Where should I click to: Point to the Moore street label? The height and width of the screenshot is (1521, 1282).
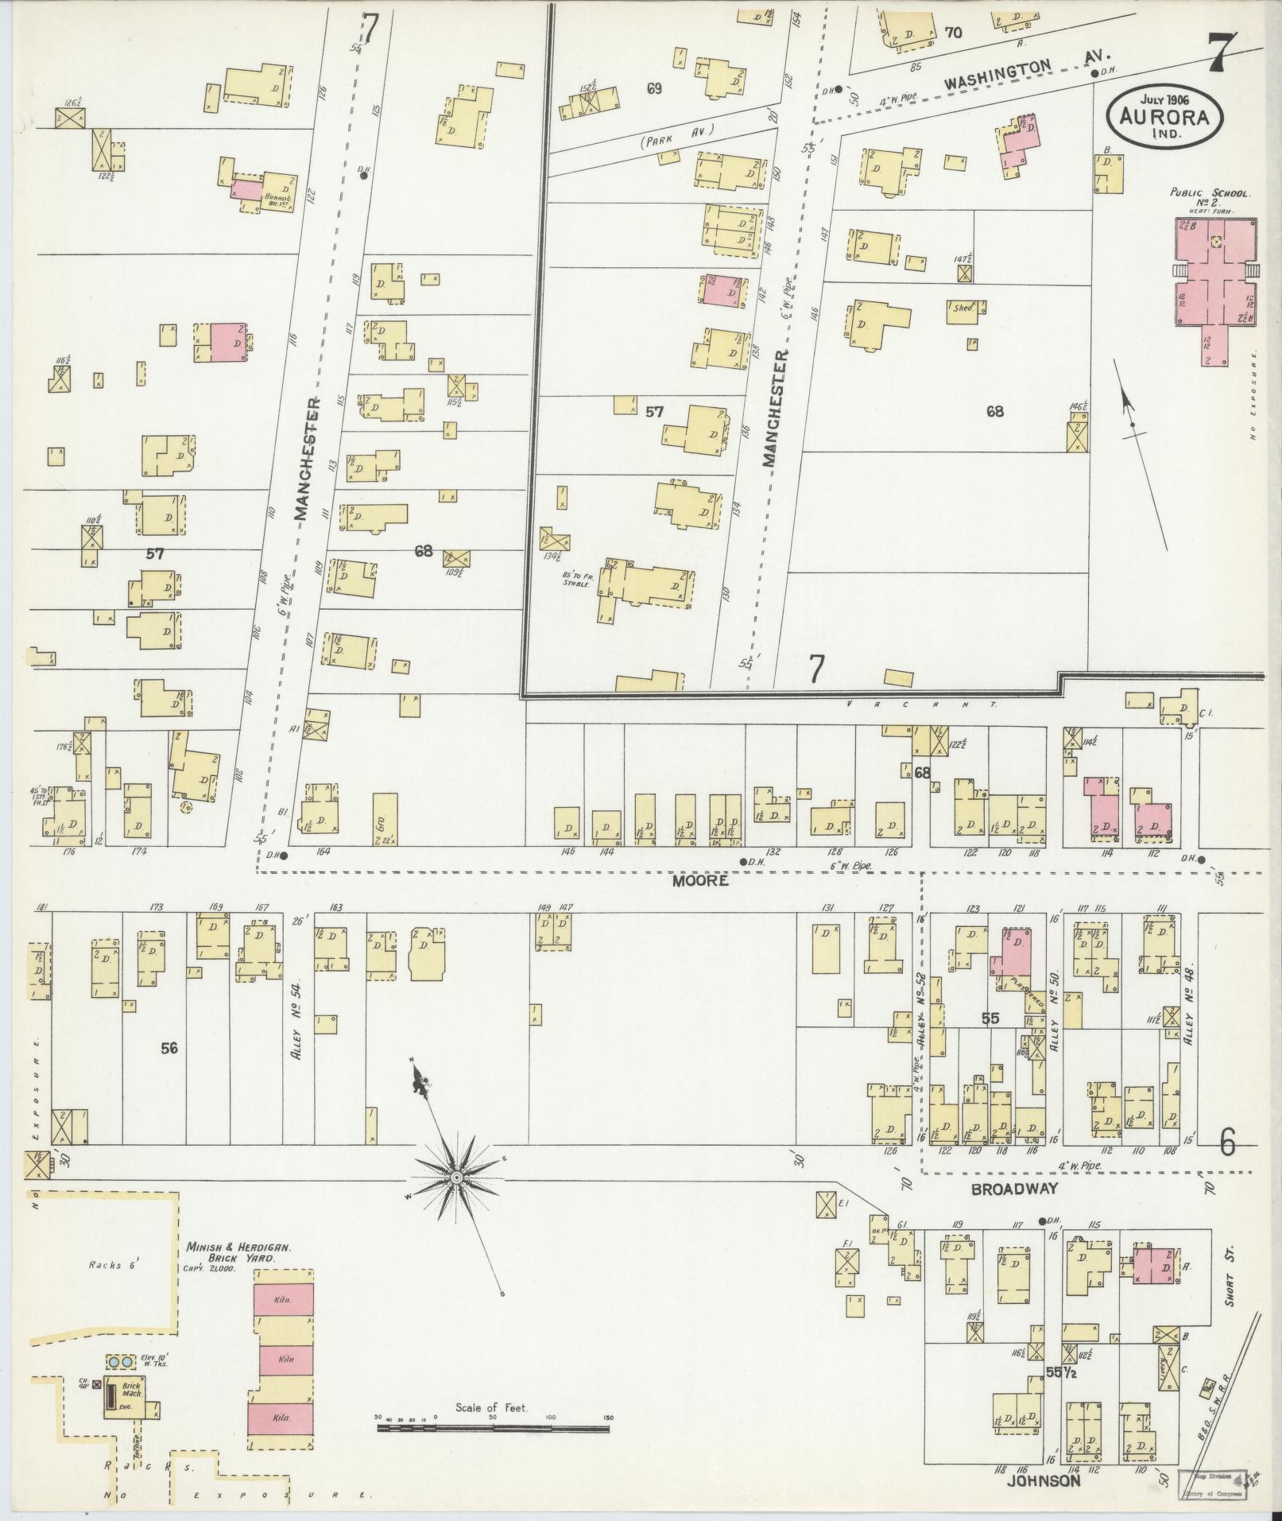pos(699,881)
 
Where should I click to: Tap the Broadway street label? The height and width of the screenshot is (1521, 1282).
pos(1015,1189)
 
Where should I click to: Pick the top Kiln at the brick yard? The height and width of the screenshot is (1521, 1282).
pos(284,1298)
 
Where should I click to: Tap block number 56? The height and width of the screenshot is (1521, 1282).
pos(168,1049)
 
